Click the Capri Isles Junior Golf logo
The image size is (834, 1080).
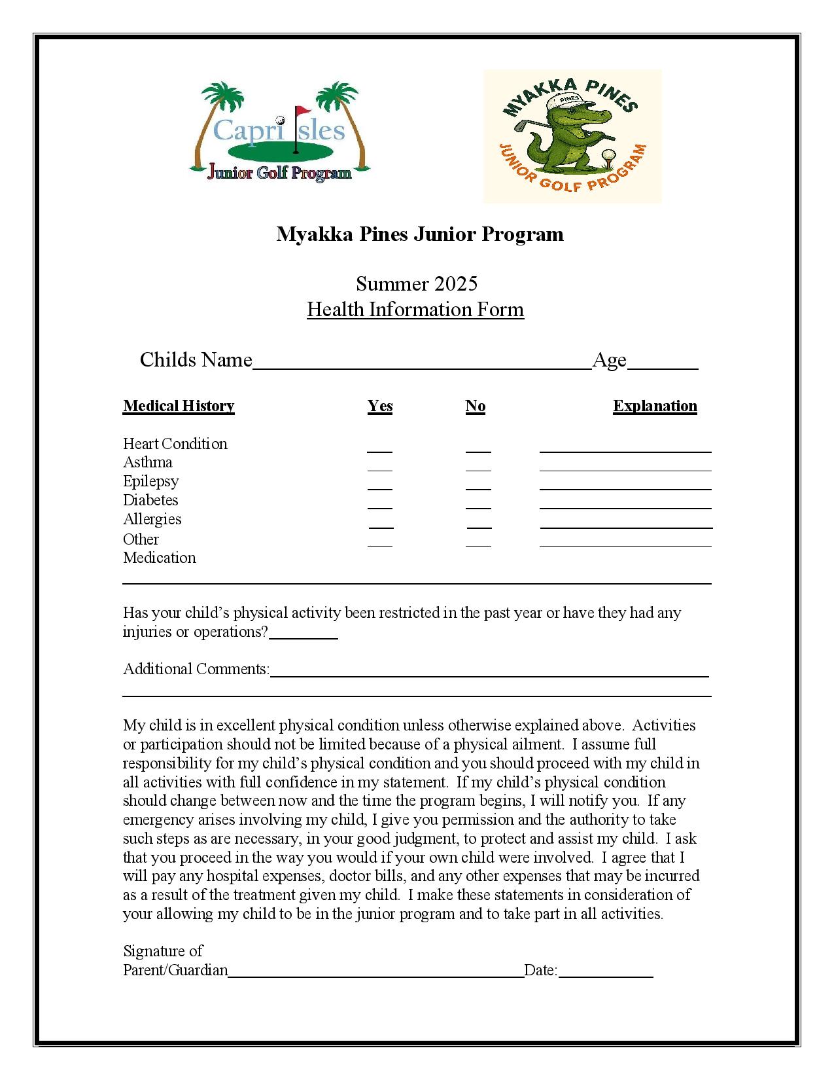click(279, 132)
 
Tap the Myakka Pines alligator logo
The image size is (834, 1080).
click(572, 136)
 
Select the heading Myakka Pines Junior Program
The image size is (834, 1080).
click(419, 234)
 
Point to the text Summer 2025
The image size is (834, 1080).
click(417, 283)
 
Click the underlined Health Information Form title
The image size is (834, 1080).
click(415, 310)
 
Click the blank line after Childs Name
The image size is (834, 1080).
click(422, 365)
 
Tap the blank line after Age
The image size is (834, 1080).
click(663, 365)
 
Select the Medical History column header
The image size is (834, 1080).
click(179, 406)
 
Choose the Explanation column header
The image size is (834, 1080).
click(655, 406)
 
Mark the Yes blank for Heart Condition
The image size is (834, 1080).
click(379, 448)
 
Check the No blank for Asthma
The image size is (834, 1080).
click(478, 467)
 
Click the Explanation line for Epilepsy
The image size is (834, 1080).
click(625, 486)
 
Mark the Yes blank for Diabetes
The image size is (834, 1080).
click(379, 505)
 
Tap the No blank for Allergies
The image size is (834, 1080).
click(479, 524)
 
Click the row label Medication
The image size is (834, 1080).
click(160, 558)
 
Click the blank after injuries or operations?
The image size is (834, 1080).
click(304, 635)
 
